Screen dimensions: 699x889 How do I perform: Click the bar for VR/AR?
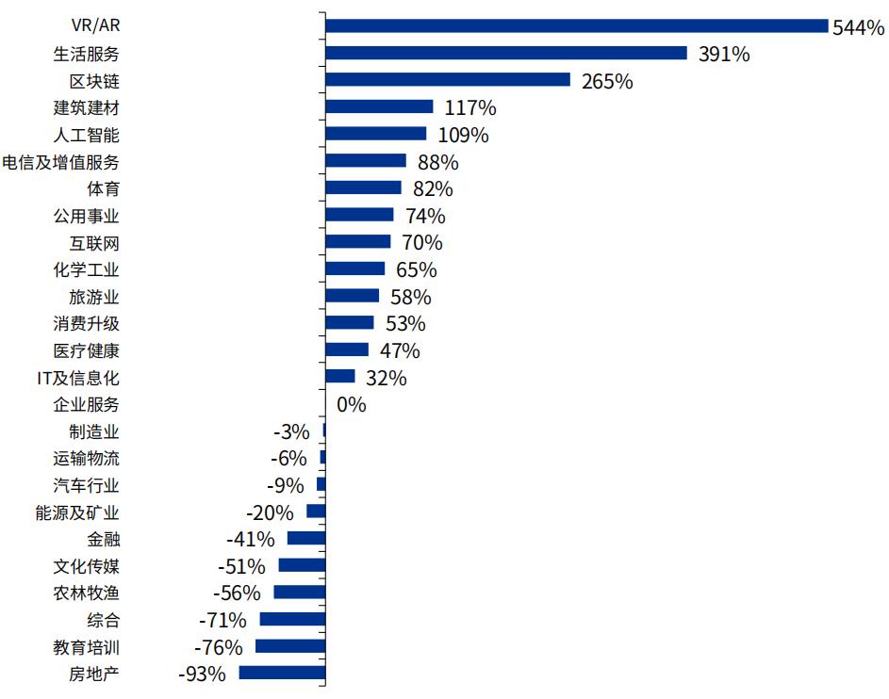tap(575, 25)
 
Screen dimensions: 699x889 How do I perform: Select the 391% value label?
tap(724, 54)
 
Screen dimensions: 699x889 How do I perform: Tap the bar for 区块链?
tap(447, 80)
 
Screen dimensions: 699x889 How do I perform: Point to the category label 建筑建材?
tap(87, 107)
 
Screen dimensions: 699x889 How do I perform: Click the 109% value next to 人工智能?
tap(463, 135)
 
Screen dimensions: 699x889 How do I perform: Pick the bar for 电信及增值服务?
tap(365, 161)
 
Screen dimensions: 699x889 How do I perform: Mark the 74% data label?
tap(425, 216)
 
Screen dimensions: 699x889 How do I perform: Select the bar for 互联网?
tap(357, 242)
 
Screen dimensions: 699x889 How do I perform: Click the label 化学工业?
tap(87, 269)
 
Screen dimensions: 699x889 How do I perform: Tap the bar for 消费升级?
tap(349, 323)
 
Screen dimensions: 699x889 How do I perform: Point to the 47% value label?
tap(400, 350)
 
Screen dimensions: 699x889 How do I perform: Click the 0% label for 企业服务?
tap(351, 405)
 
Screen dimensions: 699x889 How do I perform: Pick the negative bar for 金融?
tap(306, 539)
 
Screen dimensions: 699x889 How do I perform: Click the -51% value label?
tap(241, 566)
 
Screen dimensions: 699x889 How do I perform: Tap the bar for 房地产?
tap(282, 674)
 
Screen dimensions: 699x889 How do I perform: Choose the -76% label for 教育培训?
tap(218, 647)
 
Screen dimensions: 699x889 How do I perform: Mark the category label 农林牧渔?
tap(87, 593)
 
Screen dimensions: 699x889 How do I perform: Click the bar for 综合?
tap(292, 620)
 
